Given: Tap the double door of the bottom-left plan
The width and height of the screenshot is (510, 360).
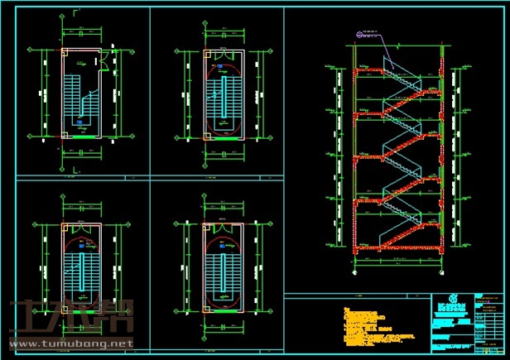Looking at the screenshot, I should [80, 224].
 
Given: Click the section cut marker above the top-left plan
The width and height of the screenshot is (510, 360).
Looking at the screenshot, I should [76, 12].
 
